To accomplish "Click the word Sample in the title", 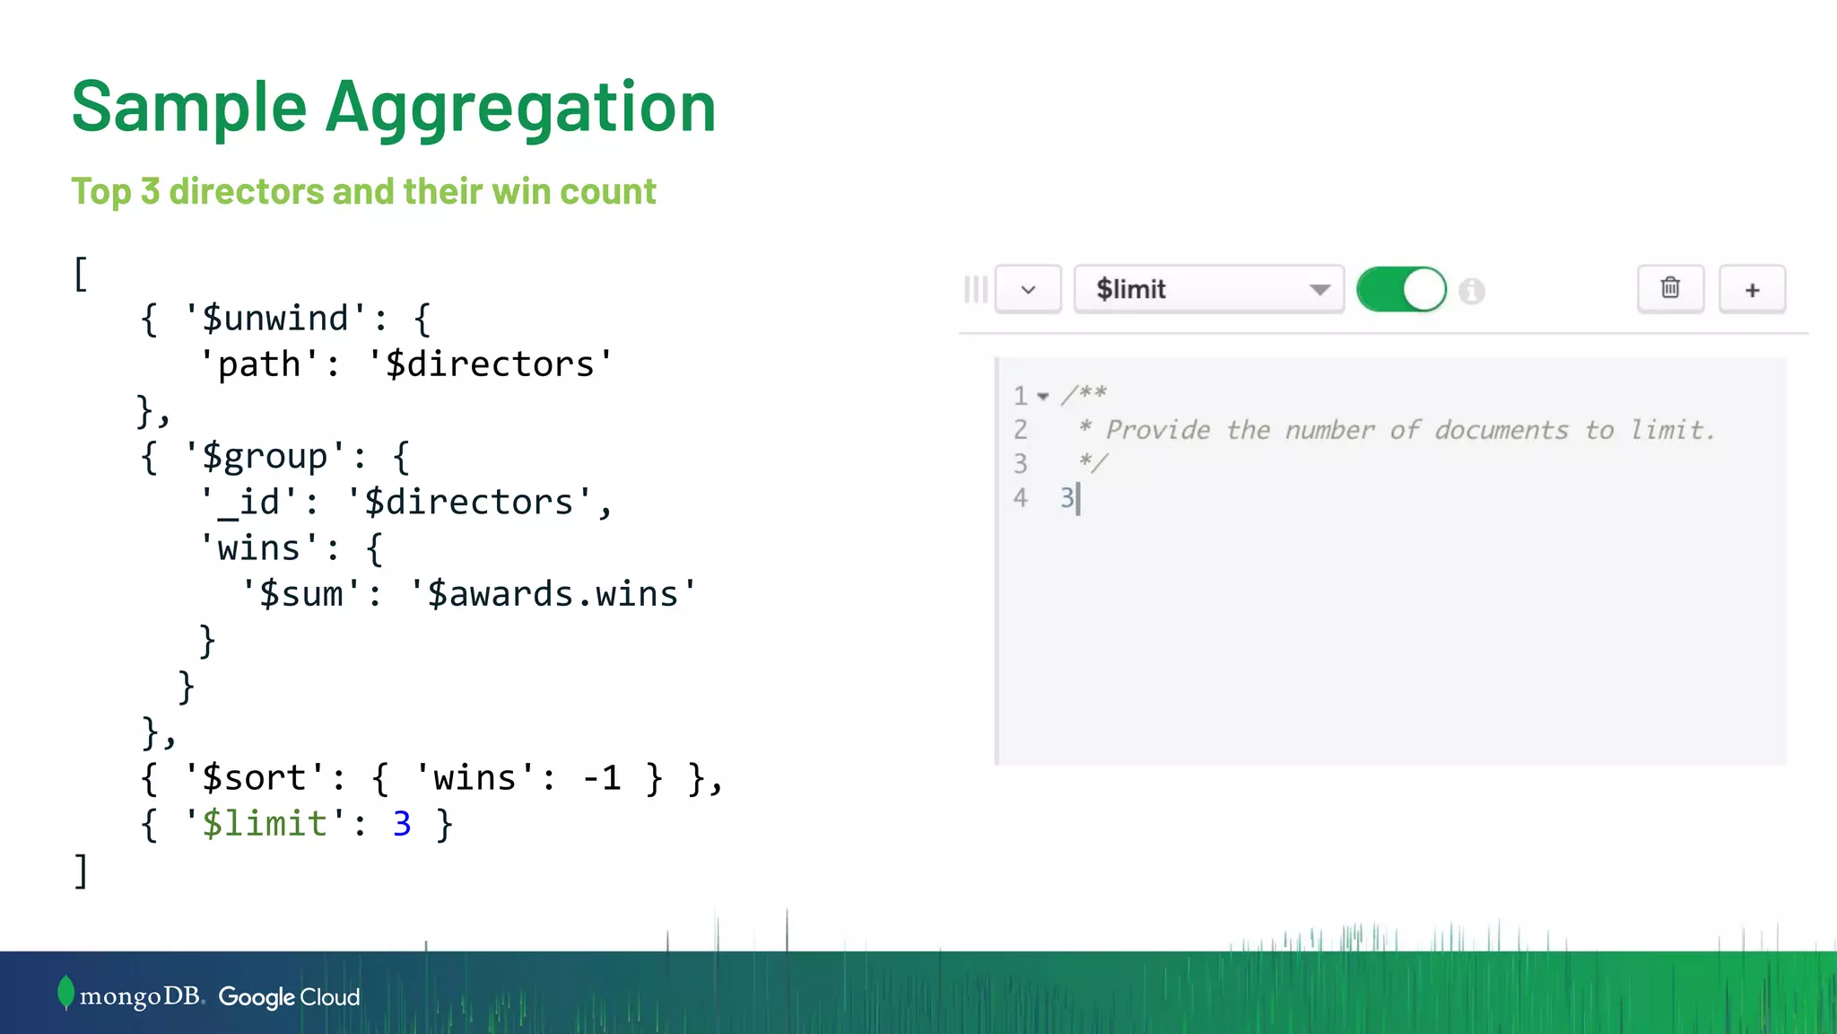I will click(189, 108).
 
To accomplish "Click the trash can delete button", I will click(1670, 288).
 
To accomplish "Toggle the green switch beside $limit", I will click(1401, 289).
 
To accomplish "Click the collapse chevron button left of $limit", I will click(1028, 289).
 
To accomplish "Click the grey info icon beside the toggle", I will click(1472, 291).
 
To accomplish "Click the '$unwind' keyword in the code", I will click(274, 319).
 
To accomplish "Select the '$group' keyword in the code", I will click(264, 457).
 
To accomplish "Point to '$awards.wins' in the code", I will click(552, 594).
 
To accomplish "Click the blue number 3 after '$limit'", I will click(402, 824).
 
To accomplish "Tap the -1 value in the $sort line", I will click(601, 778).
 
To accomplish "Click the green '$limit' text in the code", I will click(264, 824).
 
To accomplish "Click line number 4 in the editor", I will click(1020, 498).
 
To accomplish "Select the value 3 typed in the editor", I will click(1067, 498).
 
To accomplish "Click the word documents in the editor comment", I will click(1501, 430).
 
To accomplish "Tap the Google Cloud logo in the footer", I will click(289, 997).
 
